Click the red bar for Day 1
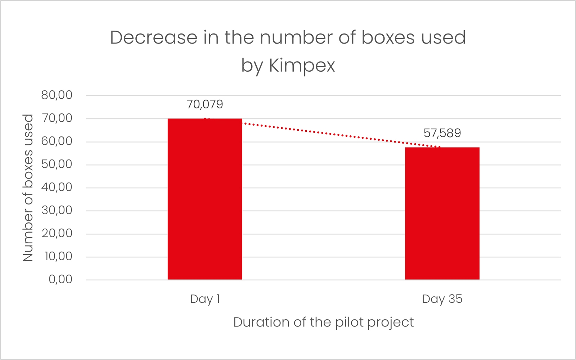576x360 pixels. point(205,199)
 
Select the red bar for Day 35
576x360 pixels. point(442,213)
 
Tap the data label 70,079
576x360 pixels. point(205,104)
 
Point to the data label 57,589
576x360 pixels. point(442,133)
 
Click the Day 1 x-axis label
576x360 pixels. point(205,299)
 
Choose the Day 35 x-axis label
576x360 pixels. point(442,299)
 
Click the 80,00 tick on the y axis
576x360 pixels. point(57,95)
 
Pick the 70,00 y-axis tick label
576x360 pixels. point(57,118)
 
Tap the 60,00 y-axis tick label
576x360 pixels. point(57,141)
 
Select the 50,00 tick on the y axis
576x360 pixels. point(57,164)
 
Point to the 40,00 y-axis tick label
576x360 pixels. point(57,187)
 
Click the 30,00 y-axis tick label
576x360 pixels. point(57,210)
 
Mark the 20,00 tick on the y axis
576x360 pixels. point(57,233)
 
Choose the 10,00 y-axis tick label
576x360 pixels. point(58,256)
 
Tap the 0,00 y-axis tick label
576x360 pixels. point(60,279)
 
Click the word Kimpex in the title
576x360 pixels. point(302,66)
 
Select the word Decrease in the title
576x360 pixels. point(154,37)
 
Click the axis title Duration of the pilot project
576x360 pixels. point(323,322)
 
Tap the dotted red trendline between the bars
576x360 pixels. point(324,133)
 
